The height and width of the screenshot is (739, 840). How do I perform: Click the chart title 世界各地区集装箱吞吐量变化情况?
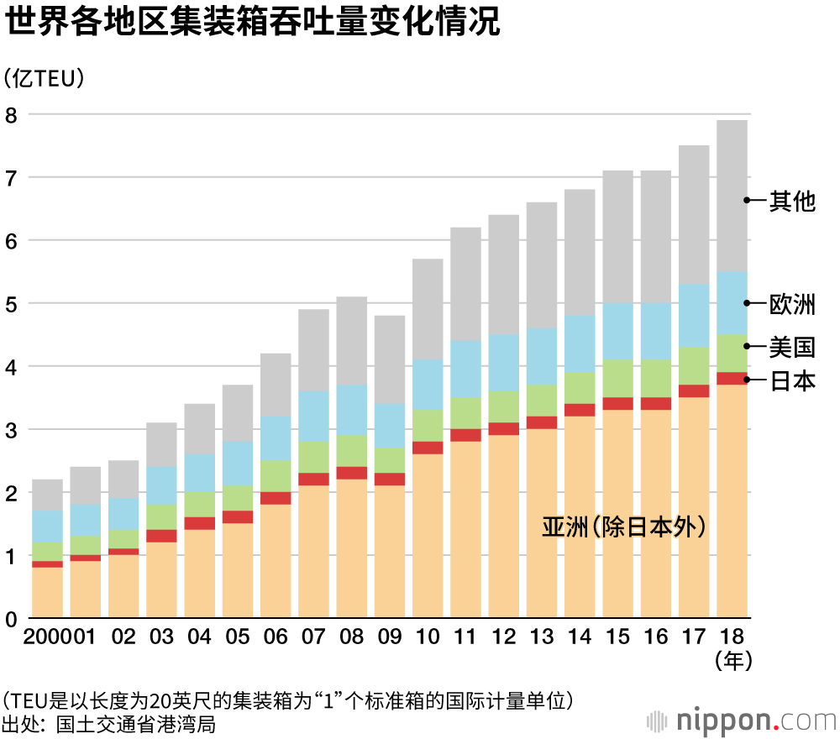click(252, 24)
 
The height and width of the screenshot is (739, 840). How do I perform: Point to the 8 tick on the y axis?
click(11, 115)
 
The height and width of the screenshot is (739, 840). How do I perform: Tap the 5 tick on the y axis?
click(11, 304)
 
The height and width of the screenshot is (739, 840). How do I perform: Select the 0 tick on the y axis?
click(11, 620)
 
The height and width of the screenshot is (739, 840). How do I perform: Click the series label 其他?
click(792, 201)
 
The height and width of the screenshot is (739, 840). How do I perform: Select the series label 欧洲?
click(792, 304)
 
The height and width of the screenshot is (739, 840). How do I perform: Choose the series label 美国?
click(792, 346)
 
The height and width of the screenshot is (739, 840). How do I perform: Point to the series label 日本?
click(792, 380)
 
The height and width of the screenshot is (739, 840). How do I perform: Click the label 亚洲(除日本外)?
click(622, 527)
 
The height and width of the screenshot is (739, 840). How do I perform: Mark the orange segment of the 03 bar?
click(161, 580)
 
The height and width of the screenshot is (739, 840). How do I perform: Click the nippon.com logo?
click(740, 721)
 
